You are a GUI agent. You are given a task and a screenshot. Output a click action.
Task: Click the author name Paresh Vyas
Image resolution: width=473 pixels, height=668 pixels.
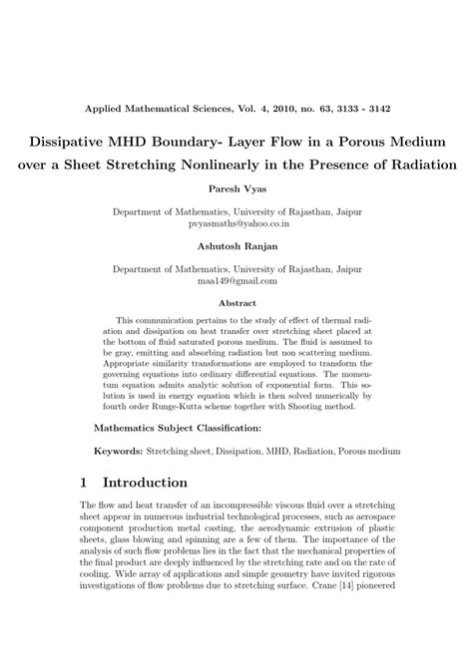coord(236,188)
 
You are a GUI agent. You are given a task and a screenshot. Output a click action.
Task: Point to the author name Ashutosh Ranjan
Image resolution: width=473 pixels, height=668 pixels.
coord(236,245)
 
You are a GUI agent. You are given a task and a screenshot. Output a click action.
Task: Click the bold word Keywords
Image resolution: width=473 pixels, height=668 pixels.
coord(117,451)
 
